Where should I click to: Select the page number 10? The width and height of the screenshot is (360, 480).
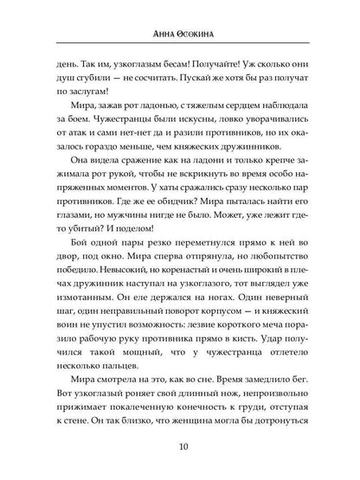point(179,447)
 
